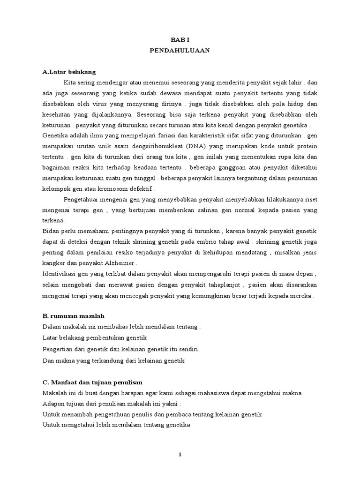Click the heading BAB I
pyautogui.click(x=180, y=41)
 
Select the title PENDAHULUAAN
pyautogui.click(x=180, y=51)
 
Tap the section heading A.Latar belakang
pyautogui.click(x=69, y=72)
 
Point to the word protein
pyautogui.click(x=307, y=147)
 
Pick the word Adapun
pyautogui.click(x=54, y=404)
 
